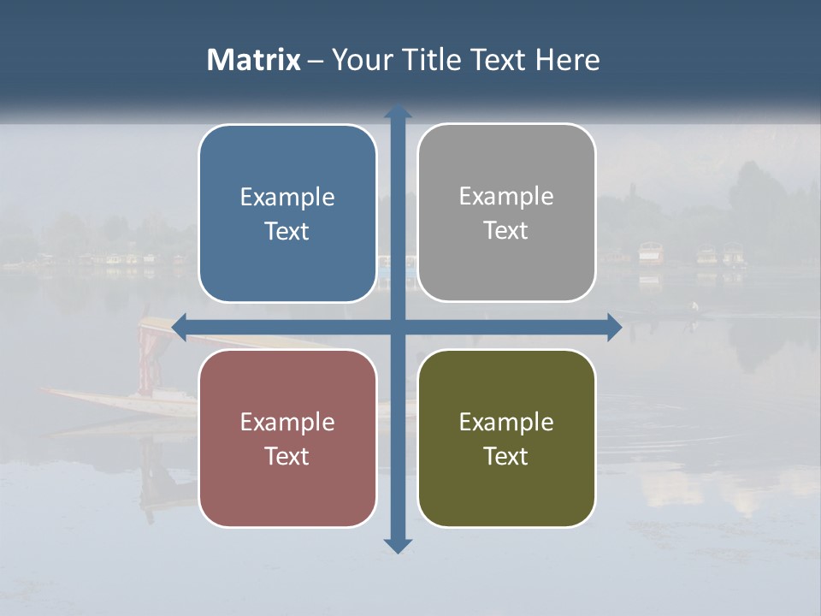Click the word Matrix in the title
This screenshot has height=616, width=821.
[253, 60]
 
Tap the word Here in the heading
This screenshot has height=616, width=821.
[567, 60]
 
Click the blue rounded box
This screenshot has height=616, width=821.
[287, 213]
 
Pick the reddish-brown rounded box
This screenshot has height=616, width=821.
[287, 438]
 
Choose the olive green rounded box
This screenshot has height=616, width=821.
[506, 438]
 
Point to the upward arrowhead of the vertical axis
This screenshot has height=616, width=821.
[398, 111]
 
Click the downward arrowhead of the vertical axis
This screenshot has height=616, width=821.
[398, 545]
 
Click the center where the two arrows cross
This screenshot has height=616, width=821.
[398, 326]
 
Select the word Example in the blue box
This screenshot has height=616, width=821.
[287, 198]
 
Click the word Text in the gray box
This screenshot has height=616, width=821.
[506, 231]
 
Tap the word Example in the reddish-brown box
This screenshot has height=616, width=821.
[287, 423]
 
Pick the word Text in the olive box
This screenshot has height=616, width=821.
[506, 457]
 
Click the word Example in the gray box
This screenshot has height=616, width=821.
[506, 197]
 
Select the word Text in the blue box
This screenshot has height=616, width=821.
[287, 232]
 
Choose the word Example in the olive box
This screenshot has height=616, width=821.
[506, 423]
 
